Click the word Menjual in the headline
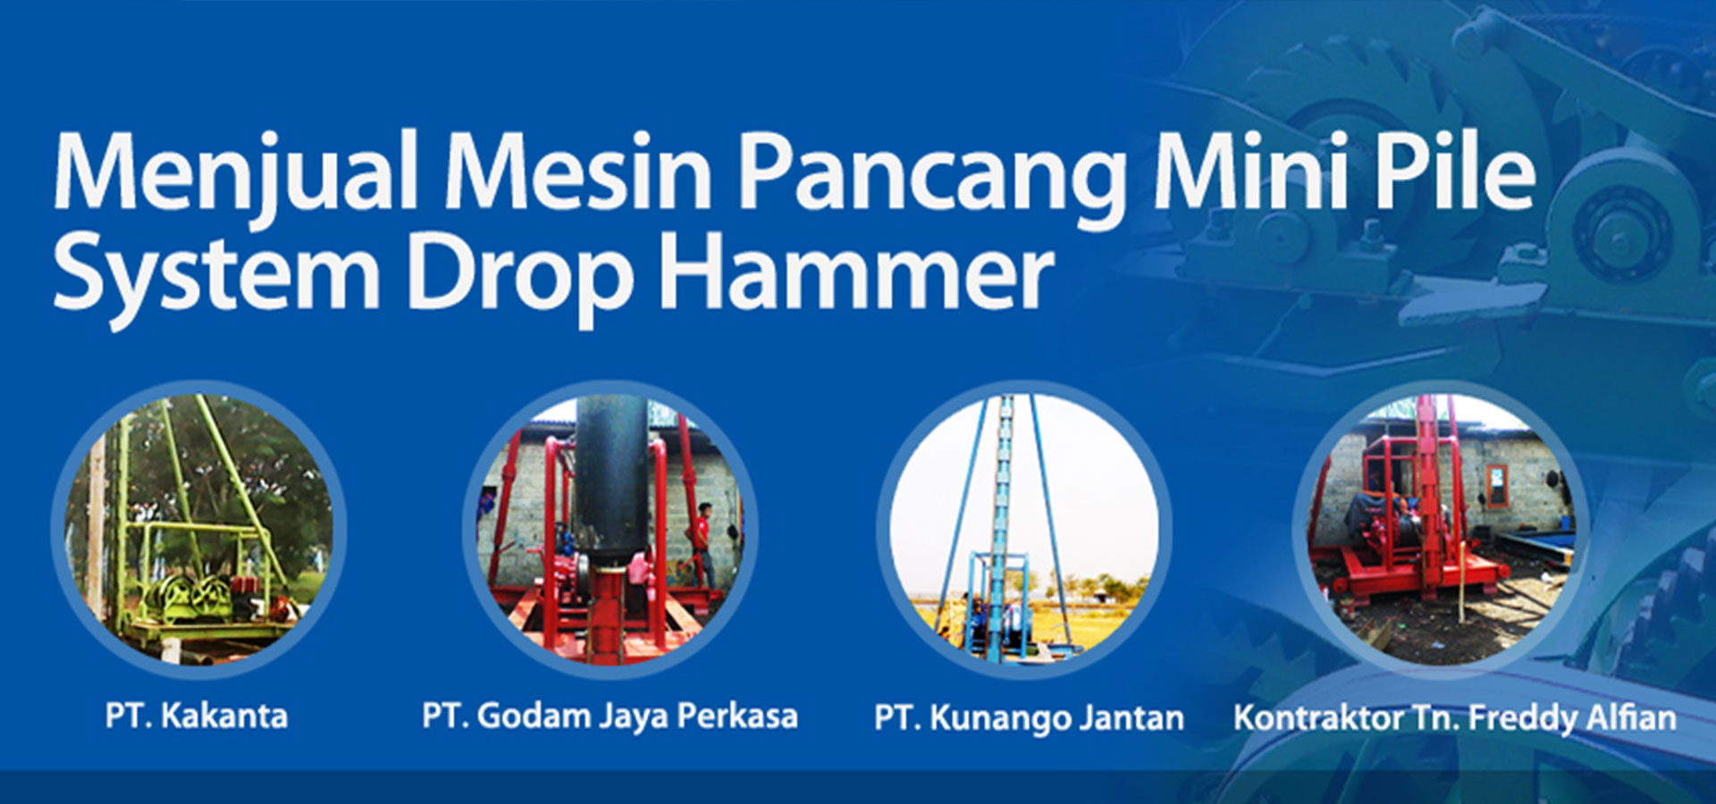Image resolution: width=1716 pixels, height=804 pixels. coord(236,173)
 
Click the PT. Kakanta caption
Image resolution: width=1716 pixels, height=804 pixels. coord(197,716)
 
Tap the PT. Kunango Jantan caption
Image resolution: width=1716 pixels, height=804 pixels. coord(1029,718)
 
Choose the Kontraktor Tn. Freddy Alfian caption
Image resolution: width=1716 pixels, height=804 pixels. coord(1455,718)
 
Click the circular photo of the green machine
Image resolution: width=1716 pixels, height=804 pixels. coord(199,529)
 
